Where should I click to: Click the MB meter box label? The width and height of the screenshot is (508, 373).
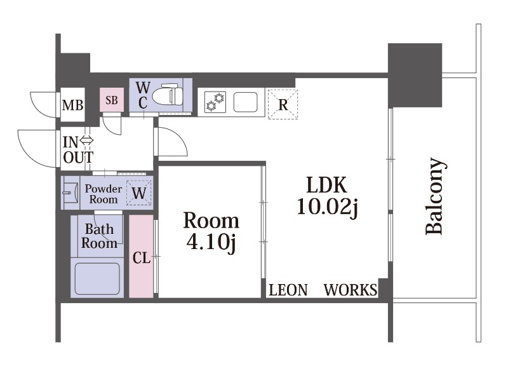(72, 105)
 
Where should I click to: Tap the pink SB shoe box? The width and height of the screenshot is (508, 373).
(111, 100)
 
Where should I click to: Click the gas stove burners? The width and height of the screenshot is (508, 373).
(215, 102)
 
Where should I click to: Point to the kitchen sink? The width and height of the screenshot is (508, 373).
(245, 102)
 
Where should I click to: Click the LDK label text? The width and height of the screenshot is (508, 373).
(326, 186)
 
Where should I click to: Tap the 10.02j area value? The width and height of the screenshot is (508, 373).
(327, 207)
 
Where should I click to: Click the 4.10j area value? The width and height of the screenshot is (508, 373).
(211, 243)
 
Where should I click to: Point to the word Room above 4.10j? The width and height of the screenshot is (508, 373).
(211, 221)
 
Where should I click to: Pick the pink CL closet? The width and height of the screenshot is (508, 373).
(141, 257)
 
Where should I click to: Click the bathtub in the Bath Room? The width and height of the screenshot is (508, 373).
(97, 278)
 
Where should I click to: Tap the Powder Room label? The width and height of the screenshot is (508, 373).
(103, 194)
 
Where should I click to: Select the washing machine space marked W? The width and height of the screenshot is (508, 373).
(138, 193)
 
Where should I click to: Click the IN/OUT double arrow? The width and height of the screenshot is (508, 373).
(86, 140)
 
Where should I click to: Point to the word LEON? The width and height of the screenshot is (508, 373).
(288, 290)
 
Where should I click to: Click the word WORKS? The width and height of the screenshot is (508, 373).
(350, 290)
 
